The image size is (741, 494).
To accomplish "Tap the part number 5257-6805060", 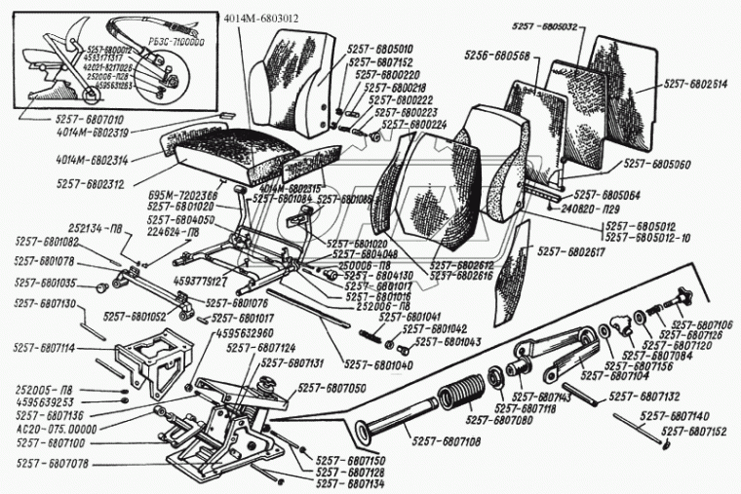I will [x=658, y=166].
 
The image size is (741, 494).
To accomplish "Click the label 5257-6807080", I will [x=498, y=420].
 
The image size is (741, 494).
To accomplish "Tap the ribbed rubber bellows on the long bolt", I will [x=457, y=399].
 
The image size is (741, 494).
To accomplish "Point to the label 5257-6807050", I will [x=332, y=387].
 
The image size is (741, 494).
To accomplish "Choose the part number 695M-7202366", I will [x=184, y=196].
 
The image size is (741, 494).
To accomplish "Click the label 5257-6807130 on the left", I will [x=47, y=304].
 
